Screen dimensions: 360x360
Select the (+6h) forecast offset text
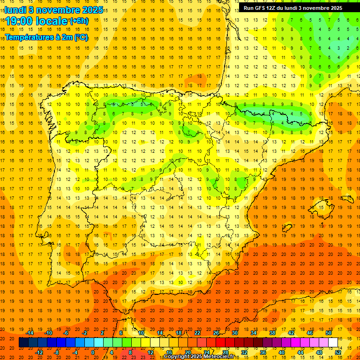click(x=78, y=21)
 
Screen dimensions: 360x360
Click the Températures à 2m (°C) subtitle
click(x=46, y=37)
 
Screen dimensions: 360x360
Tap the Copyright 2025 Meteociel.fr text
click(x=199, y=357)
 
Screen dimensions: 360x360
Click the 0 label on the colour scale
click(x=93, y=352)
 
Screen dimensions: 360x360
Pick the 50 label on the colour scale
click(x=329, y=333)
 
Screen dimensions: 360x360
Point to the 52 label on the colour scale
click(x=338, y=352)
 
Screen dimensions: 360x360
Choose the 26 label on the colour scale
click(x=216, y=333)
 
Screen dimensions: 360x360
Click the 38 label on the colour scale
click(x=272, y=333)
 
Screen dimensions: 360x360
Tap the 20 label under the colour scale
click(x=187, y=352)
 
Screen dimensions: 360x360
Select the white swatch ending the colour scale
click(x=333, y=343)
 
